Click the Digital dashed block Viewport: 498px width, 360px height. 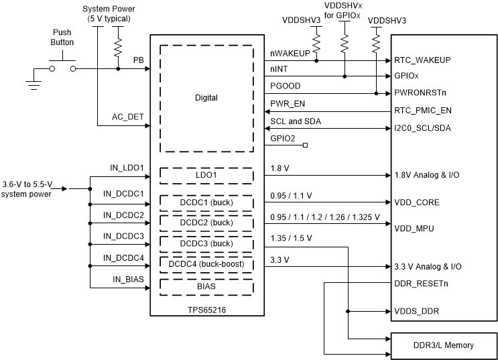pyautogui.click(x=206, y=99)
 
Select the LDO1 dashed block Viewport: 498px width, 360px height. pyautogui.click(x=206, y=175)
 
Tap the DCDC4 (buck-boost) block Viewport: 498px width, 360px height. pyautogui.click(x=206, y=263)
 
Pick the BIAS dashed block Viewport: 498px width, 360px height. pyautogui.click(x=206, y=286)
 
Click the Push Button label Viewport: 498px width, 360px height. pyautogui.click(x=64, y=37)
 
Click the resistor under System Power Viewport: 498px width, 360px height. pyautogui.click(x=118, y=46)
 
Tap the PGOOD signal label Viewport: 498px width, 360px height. pyautogui.click(x=285, y=86)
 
